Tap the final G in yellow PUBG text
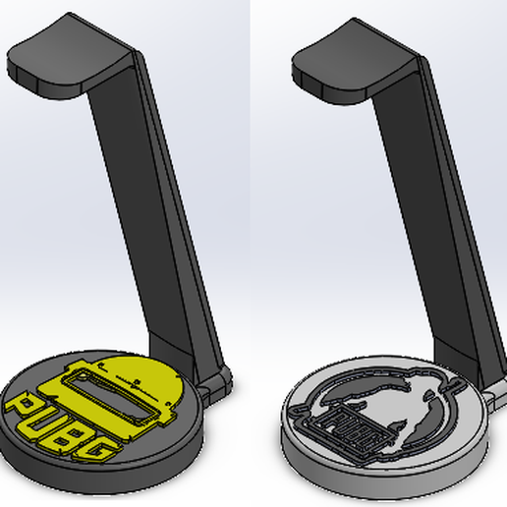(95, 451)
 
